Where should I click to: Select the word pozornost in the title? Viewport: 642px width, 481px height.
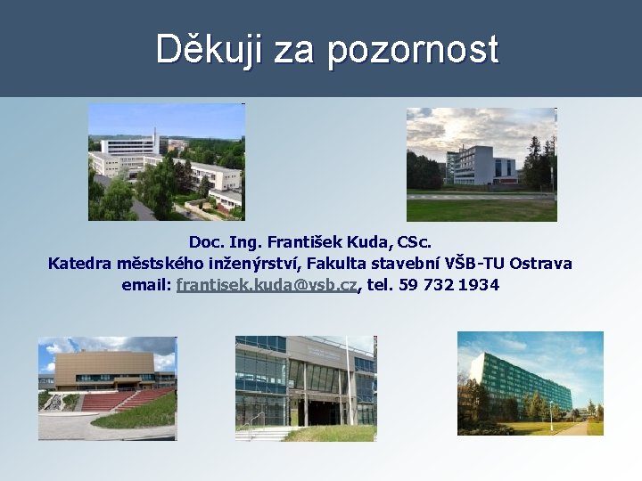point(412,50)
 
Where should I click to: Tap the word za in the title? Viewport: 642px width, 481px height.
point(294,50)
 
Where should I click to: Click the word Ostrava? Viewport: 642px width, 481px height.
point(541,264)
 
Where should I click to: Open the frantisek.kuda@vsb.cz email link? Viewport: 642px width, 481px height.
point(267,286)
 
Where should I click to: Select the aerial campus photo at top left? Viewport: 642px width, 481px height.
point(166,161)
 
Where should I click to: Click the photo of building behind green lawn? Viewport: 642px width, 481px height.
point(481,164)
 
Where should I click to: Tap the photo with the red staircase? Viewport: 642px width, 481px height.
point(107,387)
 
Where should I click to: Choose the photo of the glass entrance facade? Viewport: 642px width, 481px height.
point(305,387)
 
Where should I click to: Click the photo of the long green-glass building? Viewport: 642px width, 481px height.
point(530,383)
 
